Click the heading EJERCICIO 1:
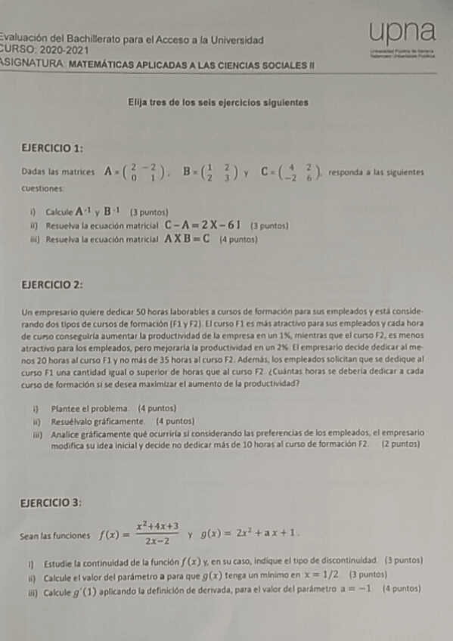pos(53,147)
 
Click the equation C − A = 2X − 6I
pos(203,225)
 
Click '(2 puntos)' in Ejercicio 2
pos(402,445)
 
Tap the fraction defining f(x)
pos(157,533)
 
